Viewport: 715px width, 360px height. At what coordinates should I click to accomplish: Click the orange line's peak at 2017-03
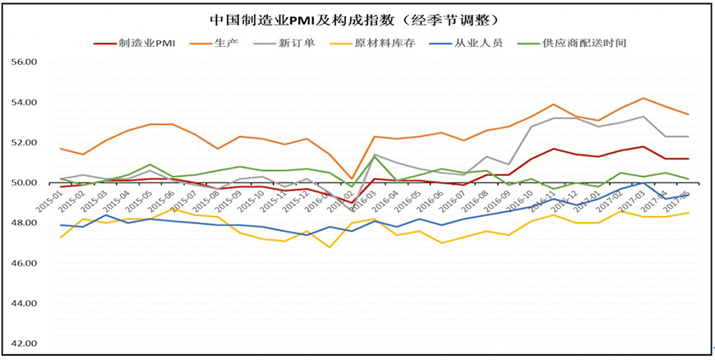(x=643, y=99)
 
